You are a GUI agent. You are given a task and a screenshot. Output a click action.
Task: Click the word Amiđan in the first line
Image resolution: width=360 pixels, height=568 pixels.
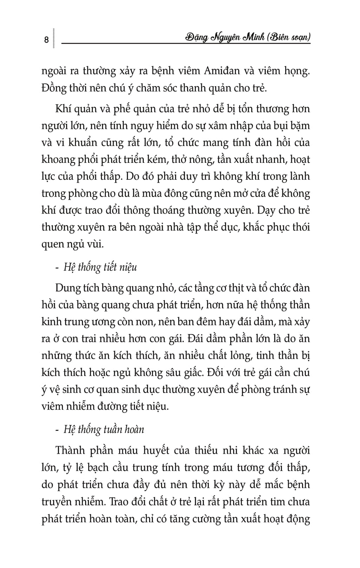pyautogui.click(x=222, y=71)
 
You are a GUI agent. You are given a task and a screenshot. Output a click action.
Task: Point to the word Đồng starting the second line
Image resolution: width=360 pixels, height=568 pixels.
pyautogui.click(x=53, y=88)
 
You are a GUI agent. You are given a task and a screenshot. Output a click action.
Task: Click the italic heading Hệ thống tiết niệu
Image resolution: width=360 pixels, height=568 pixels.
pyautogui.click(x=100, y=267)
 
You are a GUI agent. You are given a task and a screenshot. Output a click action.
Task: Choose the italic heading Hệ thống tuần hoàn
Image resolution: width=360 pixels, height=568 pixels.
pyautogui.click(x=104, y=429)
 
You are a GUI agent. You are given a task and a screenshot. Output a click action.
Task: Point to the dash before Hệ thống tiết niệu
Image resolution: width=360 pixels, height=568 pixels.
pyautogui.click(x=58, y=268)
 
